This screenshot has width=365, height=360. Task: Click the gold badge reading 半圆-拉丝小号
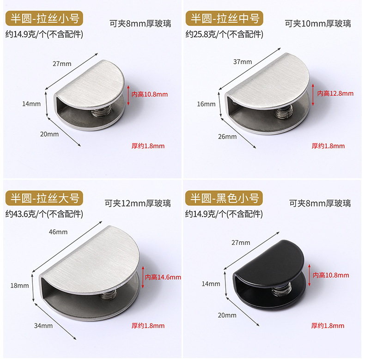pos(42,19)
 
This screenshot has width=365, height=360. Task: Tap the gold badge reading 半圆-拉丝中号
pos(224,19)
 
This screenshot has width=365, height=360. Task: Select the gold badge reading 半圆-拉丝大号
pos(42,198)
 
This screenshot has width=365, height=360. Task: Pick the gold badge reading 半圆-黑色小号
pos(224,198)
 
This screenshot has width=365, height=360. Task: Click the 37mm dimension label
pos(242,61)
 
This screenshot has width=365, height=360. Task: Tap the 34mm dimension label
pos(40,325)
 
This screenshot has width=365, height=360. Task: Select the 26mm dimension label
pos(227,136)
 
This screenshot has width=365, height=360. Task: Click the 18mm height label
pos(19,286)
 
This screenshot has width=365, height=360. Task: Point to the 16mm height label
pos(206,104)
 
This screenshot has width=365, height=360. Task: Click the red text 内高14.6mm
pos(163,277)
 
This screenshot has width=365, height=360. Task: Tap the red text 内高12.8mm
pos(335,93)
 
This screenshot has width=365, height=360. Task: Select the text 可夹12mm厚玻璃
pos(138,203)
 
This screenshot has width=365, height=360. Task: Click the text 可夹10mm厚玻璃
pos(317,24)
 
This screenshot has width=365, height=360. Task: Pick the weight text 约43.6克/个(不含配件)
pos(43,214)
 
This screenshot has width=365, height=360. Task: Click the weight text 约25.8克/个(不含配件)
pos(224,34)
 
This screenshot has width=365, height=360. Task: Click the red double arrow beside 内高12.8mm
pos(313,93)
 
